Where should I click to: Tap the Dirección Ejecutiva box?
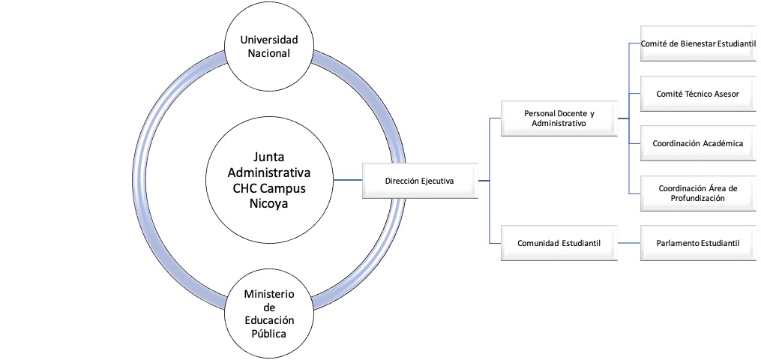point(419,181)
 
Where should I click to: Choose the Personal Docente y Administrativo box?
point(559,118)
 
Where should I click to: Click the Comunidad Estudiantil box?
point(559,243)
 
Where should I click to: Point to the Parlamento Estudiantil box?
point(697,243)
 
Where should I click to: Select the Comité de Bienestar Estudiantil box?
point(697,44)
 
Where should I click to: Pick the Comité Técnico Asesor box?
point(697,94)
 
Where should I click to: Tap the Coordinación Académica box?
point(697,143)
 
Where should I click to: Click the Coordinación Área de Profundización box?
point(697,193)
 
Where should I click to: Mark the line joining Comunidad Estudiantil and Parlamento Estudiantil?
point(628,243)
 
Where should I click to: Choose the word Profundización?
point(697,199)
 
